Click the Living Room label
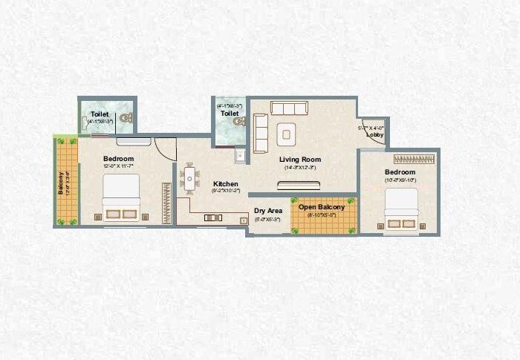click(x=299, y=159)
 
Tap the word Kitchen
click(x=225, y=183)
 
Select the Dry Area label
click(x=267, y=211)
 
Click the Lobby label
click(x=375, y=135)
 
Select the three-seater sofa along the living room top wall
click(x=287, y=109)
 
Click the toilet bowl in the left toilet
click(x=125, y=117)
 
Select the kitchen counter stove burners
click(x=213, y=217)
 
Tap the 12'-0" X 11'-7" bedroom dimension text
click(x=118, y=167)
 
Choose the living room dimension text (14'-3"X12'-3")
click(x=299, y=168)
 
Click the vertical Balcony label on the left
click(x=61, y=183)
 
